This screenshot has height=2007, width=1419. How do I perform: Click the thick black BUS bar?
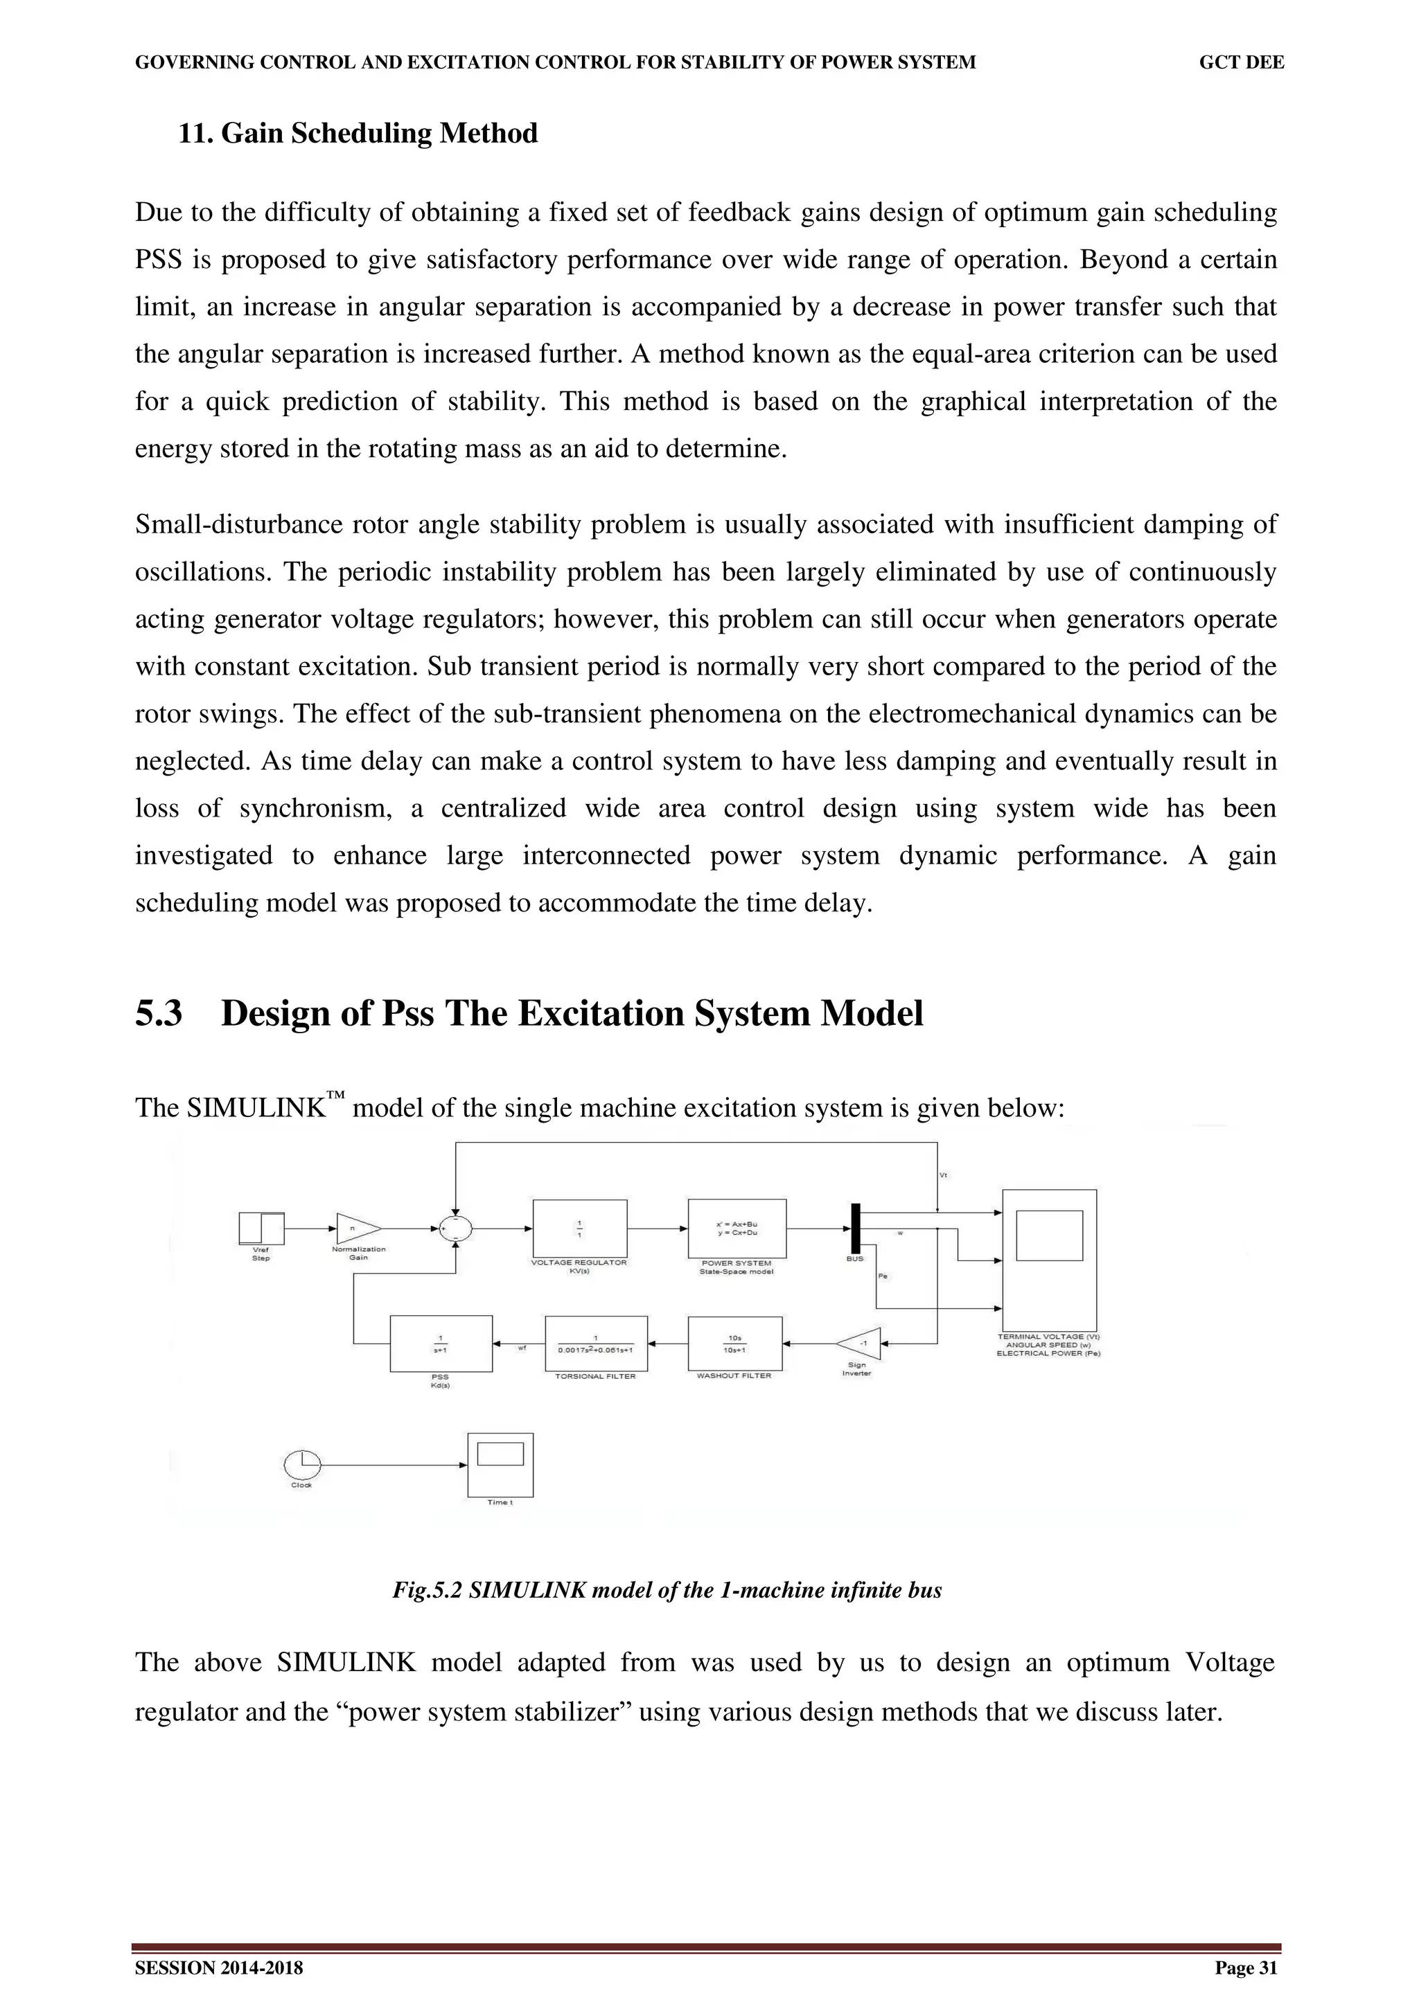[x=856, y=1227]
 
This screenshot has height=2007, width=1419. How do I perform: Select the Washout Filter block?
[x=734, y=1344]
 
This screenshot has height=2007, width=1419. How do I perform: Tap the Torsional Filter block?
[x=595, y=1344]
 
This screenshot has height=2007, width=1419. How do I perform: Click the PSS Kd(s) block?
[x=441, y=1344]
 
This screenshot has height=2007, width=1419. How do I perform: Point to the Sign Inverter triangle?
[x=861, y=1344]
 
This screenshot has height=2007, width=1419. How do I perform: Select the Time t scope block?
[x=500, y=1464]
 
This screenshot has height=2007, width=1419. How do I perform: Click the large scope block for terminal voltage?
[x=1048, y=1260]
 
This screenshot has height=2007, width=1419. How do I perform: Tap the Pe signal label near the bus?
[x=882, y=1276]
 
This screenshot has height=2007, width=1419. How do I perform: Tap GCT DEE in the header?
[x=1241, y=62]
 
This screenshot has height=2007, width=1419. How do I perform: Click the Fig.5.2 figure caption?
[x=667, y=1589]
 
